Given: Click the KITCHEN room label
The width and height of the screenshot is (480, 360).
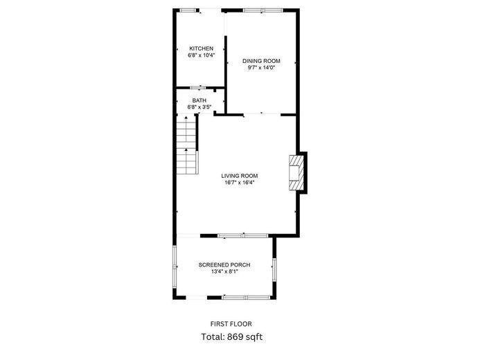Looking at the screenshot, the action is pos(201,48).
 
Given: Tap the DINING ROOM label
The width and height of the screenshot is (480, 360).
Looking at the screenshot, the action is pos(261,61).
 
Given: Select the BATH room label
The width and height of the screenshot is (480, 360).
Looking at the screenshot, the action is pos(199,100).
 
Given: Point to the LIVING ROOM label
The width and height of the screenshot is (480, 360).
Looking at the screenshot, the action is pos(240,176).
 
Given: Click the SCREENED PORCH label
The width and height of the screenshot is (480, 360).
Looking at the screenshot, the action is pos(224,265).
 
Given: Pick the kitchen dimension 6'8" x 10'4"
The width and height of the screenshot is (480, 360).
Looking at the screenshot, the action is pos(202,55).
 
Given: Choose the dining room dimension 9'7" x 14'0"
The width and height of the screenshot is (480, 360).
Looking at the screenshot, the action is pos(261,68).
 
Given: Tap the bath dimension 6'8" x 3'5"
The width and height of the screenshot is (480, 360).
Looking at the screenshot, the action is pos(199,107).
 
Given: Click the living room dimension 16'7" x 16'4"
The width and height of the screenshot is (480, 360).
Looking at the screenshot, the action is pos(240,183).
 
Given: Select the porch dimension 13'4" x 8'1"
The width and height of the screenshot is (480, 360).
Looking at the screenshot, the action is pos(224,271).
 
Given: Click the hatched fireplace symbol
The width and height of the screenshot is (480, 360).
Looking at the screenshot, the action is pos(296,173).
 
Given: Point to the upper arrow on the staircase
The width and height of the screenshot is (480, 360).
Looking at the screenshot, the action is pos(186,129).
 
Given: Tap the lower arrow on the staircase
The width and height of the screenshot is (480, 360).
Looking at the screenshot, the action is pos(186,161).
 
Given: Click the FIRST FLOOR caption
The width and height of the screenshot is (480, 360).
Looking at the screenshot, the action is pos(231,324).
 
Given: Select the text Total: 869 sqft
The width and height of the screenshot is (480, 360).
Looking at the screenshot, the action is pos(232,337).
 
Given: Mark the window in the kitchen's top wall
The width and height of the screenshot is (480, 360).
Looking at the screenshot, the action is pos(187,10).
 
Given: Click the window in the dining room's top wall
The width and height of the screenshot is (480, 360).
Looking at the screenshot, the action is pos(263,10).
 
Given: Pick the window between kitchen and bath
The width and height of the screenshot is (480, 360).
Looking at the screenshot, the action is pos(198,88).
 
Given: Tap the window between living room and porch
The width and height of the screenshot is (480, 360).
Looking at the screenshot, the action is pos(243,236).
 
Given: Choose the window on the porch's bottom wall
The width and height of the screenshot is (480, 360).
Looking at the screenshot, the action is pos(247,297).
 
